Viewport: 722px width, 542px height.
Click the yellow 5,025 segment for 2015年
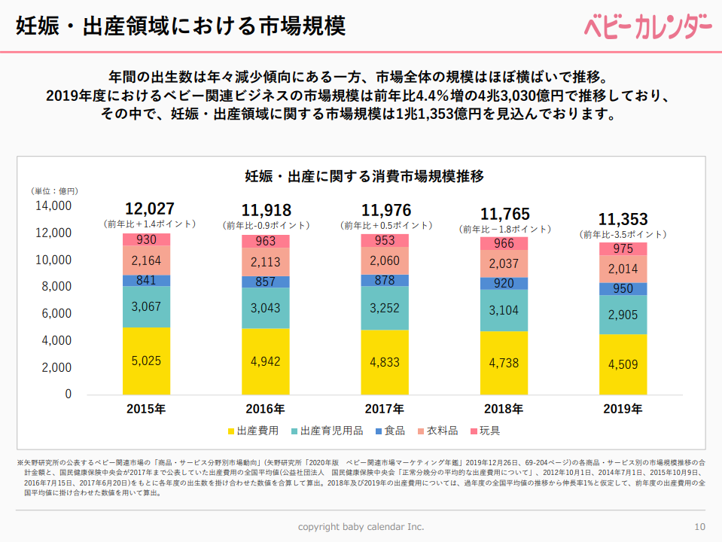[146, 361]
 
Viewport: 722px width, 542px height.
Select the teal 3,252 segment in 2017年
[385, 309]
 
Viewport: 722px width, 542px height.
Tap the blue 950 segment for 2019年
[623, 288]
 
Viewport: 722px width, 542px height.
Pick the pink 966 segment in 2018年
[504, 243]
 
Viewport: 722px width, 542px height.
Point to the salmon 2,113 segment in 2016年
[265, 262]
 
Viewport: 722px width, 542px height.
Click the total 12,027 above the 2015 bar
[150, 209]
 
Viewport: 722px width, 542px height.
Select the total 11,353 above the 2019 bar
[623, 219]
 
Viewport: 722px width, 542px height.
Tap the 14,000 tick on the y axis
[53, 206]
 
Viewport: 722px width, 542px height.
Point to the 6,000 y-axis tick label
[56, 313]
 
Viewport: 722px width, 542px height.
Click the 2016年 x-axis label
[265, 410]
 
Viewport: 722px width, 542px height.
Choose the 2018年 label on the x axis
[504, 410]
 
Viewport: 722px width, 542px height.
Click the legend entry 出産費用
[252, 431]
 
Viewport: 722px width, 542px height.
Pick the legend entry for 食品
[388, 431]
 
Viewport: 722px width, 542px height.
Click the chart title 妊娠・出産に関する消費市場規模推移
[364, 177]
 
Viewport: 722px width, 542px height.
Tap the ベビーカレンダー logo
[647, 26]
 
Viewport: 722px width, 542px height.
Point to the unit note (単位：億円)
[54, 191]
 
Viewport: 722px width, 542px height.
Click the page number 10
[699, 526]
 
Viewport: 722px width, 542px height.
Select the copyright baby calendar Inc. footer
[361, 526]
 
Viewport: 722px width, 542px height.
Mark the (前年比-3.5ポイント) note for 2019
[623, 235]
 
